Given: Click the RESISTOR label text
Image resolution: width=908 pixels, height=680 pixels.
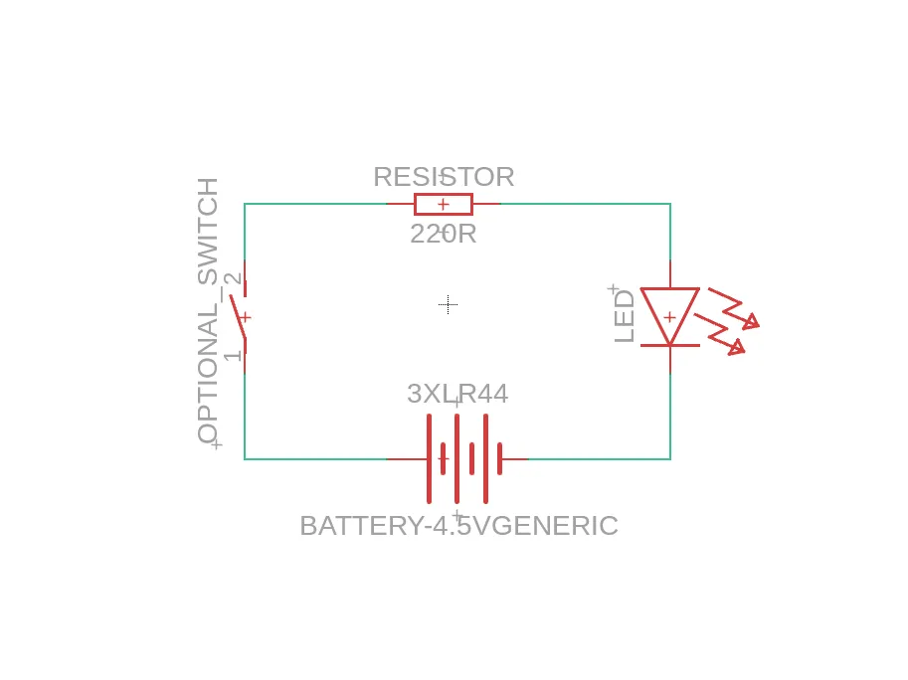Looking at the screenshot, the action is coord(444,177).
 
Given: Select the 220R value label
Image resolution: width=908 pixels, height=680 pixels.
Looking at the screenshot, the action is coord(444,235).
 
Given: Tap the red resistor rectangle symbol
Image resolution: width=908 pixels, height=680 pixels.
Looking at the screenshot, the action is coord(444,204).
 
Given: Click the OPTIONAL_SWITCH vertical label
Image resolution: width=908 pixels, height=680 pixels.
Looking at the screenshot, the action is coord(208,311).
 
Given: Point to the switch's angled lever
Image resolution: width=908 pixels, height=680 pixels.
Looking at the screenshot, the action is coord(238,316).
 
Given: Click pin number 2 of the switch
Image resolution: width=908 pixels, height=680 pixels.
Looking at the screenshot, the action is coord(232,279).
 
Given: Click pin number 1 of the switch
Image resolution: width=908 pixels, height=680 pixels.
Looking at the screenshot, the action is coord(232,354).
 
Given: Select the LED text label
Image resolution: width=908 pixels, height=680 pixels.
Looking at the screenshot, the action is coord(625,316).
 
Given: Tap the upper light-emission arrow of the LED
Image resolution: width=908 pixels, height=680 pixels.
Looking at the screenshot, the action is coord(734,308).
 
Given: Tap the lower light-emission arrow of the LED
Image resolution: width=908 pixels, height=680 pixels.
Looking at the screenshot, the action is coord(720,334).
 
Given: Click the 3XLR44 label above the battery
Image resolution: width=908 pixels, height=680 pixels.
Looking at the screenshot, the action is coord(457,394).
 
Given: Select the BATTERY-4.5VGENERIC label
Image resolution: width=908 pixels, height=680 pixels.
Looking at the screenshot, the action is coord(459,526).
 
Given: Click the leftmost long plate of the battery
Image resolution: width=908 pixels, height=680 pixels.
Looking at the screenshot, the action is coord(429,459).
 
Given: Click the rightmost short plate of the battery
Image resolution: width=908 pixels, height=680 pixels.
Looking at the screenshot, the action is coord(499,459).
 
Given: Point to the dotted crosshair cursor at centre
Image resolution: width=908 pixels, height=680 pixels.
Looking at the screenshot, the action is coord(449,304).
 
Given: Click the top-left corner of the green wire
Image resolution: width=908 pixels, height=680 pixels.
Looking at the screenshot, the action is coord(245,204).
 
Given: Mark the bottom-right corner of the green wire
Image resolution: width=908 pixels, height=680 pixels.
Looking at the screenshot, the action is coord(670,459).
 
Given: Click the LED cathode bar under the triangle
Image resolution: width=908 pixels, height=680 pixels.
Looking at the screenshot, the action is coord(670,346).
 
